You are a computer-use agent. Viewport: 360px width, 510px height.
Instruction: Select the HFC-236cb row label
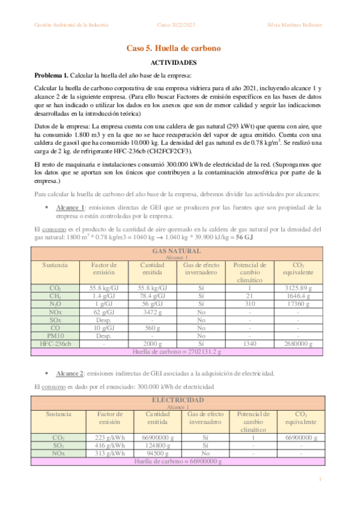point(55,343)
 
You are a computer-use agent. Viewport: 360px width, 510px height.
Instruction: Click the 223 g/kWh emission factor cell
point(109,437)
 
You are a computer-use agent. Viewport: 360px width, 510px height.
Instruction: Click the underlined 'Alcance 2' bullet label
point(71,373)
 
